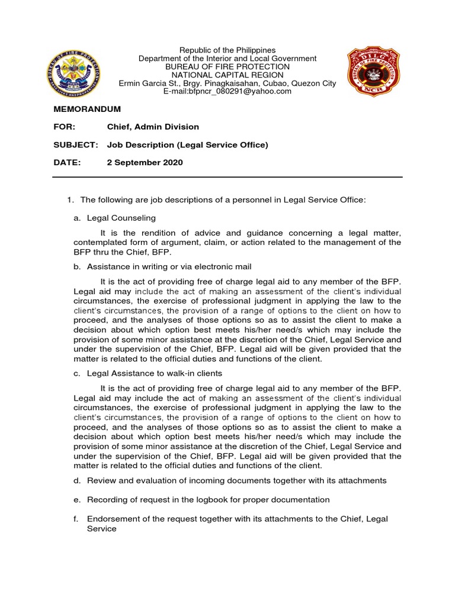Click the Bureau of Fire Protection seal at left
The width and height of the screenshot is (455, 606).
74,72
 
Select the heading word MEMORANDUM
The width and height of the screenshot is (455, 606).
87,109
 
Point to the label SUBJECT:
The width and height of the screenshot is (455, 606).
75,145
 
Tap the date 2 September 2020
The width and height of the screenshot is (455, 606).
145,163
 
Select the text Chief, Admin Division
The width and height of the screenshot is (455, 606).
153,127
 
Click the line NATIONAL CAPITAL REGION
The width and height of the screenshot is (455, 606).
227,75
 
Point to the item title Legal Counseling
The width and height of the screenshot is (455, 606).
121,218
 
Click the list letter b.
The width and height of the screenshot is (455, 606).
76,267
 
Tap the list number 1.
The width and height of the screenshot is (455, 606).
69,201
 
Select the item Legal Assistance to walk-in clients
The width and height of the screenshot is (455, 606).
155,373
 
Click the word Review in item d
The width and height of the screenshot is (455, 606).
100,481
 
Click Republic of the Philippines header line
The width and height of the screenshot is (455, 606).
227,50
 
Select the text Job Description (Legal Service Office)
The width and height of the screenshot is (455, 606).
187,145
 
